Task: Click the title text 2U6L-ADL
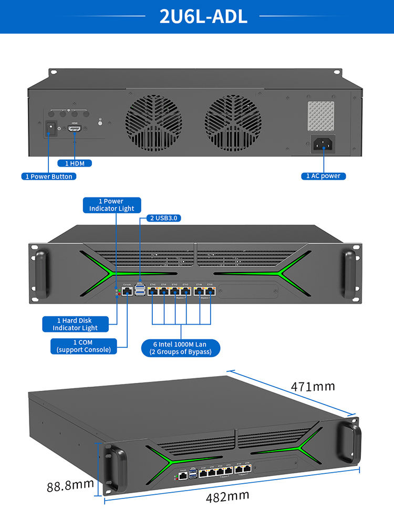pyautogui.click(x=203, y=16)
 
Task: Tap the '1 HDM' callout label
pyautogui.click(x=75, y=163)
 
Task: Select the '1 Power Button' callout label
pyautogui.click(x=49, y=176)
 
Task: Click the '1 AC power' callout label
pyautogui.click(x=323, y=176)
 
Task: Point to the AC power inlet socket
pyautogui.click(x=323, y=143)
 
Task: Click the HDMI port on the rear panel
pyautogui.click(x=75, y=129)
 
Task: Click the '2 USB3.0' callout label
pyautogui.click(x=162, y=218)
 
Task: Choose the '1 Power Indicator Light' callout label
pyautogui.click(x=111, y=205)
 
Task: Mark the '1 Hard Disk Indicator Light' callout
pyautogui.click(x=75, y=324)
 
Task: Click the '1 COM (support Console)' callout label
pyautogui.click(x=84, y=346)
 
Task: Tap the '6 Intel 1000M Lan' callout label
pyautogui.click(x=181, y=348)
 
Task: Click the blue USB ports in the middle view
pyautogui.click(x=140, y=290)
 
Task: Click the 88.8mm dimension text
pyautogui.click(x=70, y=485)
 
